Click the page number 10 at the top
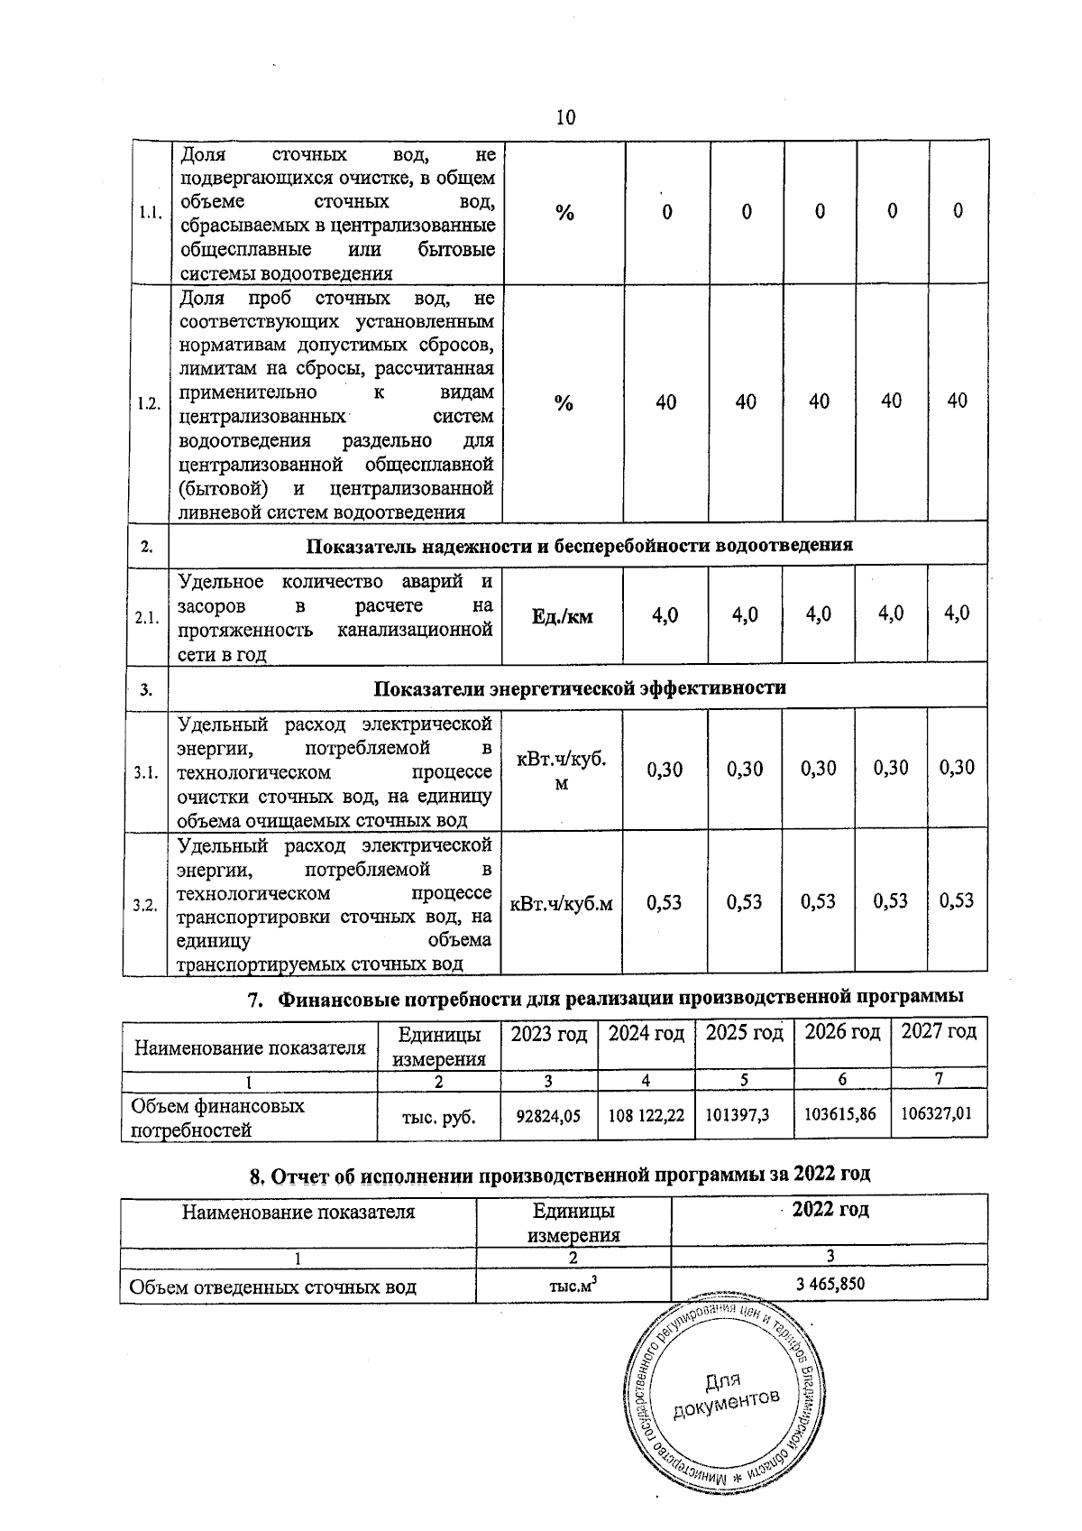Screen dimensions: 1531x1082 [565, 117]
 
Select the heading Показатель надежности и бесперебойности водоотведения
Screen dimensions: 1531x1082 [580, 546]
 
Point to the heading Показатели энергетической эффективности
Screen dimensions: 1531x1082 [580, 688]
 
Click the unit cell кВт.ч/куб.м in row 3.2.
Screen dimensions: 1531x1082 [562, 903]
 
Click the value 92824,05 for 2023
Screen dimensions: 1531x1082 [547, 1116]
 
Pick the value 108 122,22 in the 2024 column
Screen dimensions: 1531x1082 [646, 1116]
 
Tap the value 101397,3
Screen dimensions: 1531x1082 [737, 1116]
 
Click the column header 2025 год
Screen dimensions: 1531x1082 [744, 1033]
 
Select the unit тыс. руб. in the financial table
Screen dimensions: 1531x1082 [439, 1118]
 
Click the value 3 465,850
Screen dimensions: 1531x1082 [830, 1283]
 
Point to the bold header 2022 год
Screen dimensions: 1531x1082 [830, 1210]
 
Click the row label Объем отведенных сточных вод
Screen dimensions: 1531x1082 [273, 1287]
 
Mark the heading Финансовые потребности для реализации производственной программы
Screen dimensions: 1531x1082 [620, 998]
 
